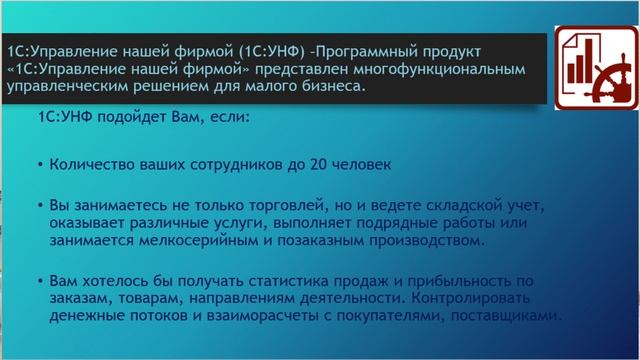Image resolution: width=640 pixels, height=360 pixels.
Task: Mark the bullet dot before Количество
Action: tap(39, 165)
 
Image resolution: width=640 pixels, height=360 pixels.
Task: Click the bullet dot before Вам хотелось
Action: tap(39, 282)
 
